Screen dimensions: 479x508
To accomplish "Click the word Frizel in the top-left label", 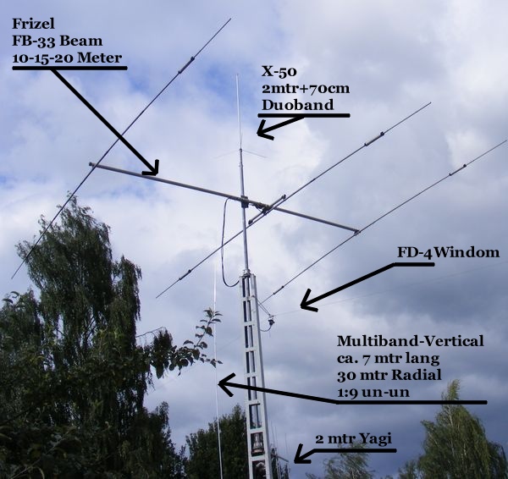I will [30, 25].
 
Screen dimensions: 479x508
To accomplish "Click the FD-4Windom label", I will [448, 252].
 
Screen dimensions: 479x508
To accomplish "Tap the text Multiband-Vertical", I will [411, 341].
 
